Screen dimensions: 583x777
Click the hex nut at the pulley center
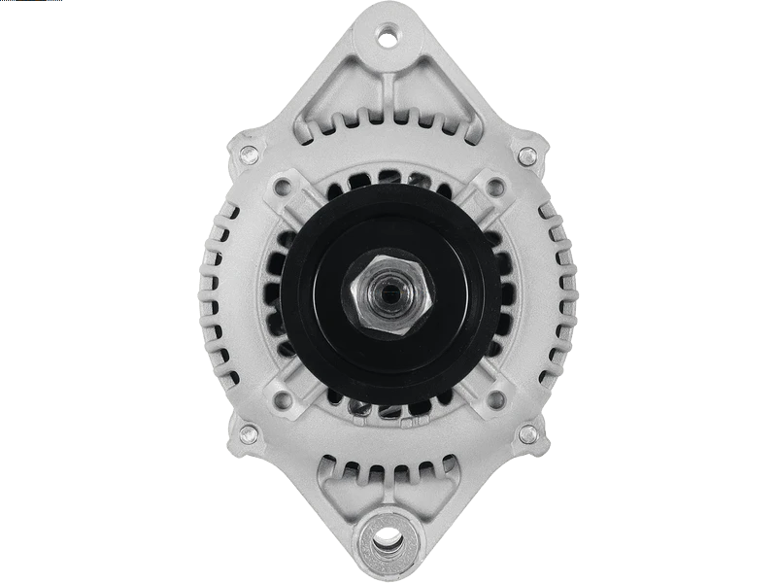(x=388, y=291)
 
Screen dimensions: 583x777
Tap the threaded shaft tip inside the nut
(x=389, y=291)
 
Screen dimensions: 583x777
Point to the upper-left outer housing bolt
(x=248, y=152)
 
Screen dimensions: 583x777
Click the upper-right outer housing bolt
(x=527, y=152)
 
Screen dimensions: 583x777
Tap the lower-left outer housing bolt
(x=248, y=432)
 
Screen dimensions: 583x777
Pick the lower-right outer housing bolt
(x=527, y=432)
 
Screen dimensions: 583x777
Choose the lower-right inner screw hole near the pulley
(x=493, y=396)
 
